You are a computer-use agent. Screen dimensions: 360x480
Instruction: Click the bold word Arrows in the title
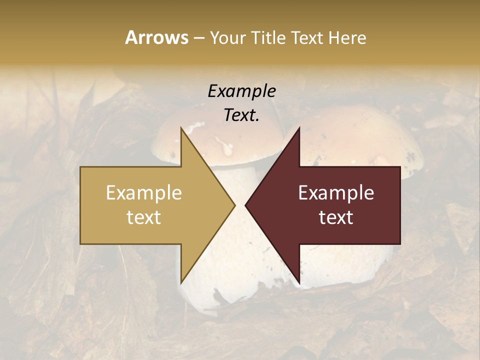click(156, 37)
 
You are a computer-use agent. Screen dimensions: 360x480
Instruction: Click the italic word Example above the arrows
click(242, 91)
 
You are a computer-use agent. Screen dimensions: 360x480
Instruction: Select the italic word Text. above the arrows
click(242, 115)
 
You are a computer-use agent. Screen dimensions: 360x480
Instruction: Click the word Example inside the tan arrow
click(144, 193)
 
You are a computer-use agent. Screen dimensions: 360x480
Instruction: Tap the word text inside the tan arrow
click(144, 217)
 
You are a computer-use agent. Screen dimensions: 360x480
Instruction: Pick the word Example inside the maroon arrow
click(336, 193)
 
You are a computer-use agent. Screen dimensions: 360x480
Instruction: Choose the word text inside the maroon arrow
click(336, 217)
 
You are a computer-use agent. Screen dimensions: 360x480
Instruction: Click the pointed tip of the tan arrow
click(234, 205)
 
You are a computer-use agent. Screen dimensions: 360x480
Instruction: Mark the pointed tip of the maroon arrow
click(245, 205)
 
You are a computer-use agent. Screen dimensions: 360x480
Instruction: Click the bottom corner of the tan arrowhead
click(181, 283)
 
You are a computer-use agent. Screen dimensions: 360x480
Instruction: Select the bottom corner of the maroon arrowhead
click(299, 283)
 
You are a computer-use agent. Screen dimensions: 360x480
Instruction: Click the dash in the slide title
click(198, 38)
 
